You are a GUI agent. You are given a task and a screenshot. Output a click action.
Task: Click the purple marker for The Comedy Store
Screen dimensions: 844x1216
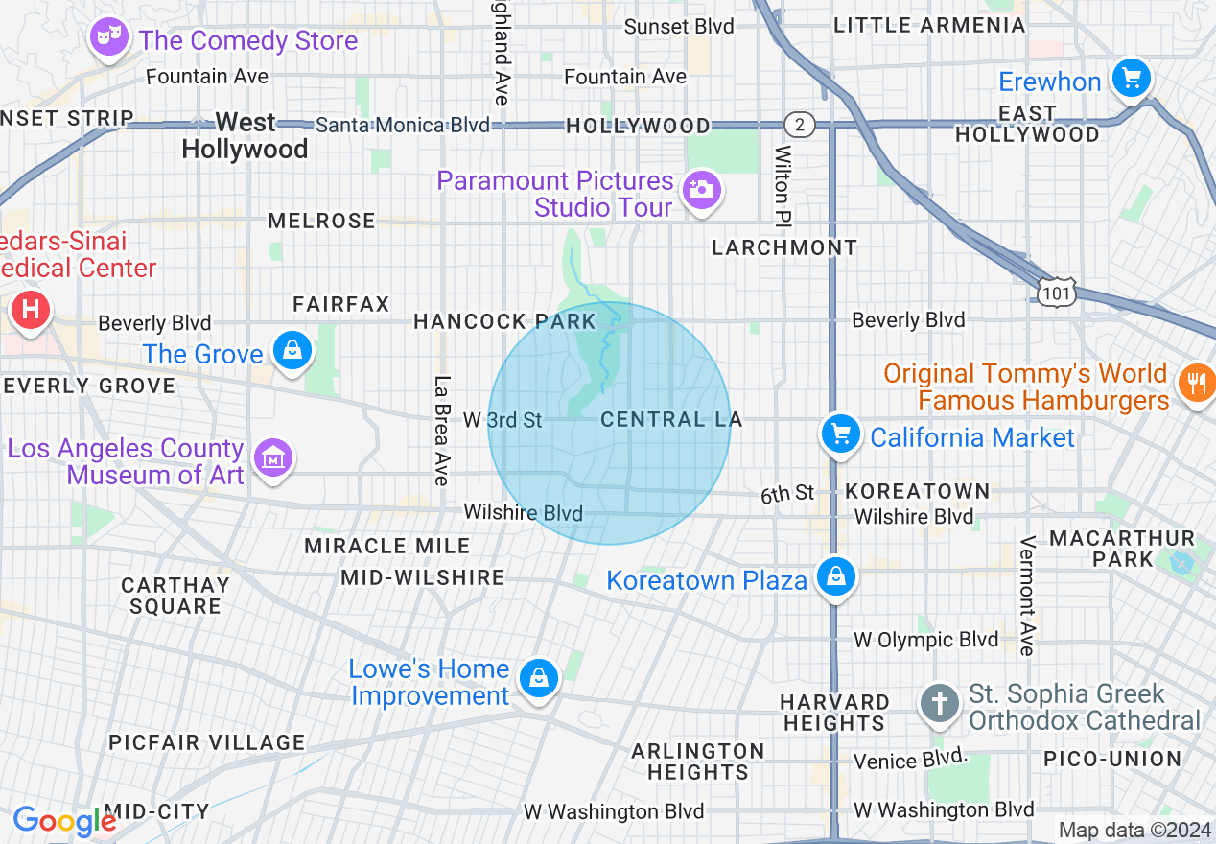click(108, 38)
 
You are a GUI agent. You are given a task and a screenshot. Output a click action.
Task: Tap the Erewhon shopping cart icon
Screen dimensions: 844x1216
click(1132, 77)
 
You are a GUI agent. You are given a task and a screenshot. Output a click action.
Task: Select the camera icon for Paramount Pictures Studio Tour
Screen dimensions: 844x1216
click(702, 189)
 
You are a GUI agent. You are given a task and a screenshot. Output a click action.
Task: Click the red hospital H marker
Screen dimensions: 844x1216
click(31, 311)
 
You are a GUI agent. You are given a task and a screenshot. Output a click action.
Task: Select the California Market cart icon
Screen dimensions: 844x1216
click(840, 434)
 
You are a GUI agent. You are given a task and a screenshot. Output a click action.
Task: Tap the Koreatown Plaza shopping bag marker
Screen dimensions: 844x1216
click(836, 577)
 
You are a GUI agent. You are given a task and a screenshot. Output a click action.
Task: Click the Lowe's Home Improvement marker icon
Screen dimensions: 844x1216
click(539, 679)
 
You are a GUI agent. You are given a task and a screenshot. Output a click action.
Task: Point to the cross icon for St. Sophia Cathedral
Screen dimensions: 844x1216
click(940, 704)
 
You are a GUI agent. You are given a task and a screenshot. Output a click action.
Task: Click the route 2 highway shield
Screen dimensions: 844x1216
click(798, 125)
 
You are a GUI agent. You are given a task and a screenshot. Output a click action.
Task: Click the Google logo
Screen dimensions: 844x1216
click(64, 821)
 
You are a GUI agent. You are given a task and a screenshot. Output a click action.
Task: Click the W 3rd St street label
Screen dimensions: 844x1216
click(502, 420)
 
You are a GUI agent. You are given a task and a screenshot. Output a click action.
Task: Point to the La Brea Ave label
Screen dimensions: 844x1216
click(442, 430)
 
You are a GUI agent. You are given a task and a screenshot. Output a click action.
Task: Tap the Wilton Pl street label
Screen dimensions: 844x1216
click(783, 180)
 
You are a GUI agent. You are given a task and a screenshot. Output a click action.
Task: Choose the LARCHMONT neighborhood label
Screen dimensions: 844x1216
click(784, 247)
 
